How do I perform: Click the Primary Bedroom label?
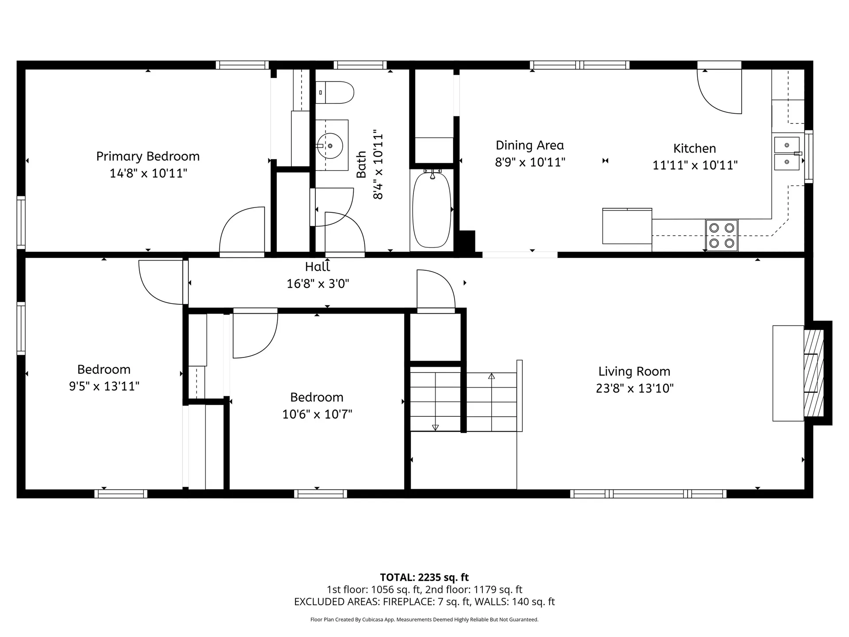148,156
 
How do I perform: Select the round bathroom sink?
330,146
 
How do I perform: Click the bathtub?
432,211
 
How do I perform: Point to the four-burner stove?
721,235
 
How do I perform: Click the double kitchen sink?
787,153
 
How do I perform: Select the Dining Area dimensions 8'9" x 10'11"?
530,162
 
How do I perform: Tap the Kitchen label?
694,148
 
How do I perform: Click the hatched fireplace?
814,373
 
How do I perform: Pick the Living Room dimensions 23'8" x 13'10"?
634,388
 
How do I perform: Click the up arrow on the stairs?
491,376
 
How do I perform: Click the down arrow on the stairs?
435,427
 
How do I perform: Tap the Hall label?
317,267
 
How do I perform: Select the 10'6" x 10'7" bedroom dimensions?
317,414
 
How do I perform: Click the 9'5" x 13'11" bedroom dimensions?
104,386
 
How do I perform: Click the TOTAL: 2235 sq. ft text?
424,577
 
